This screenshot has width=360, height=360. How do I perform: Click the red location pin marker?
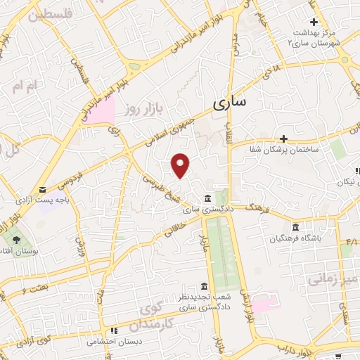click(x=181, y=165)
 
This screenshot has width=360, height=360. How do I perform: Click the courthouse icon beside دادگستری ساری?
click(x=206, y=199)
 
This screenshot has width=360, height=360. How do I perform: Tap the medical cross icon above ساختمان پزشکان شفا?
click(x=283, y=139)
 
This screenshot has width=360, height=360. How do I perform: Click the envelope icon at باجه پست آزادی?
click(x=42, y=190)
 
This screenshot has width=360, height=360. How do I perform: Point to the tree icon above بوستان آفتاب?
click(x=16, y=240)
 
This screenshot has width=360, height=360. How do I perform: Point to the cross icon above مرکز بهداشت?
click(x=314, y=22)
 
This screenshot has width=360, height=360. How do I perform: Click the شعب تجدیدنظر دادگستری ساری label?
click(x=204, y=303)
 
